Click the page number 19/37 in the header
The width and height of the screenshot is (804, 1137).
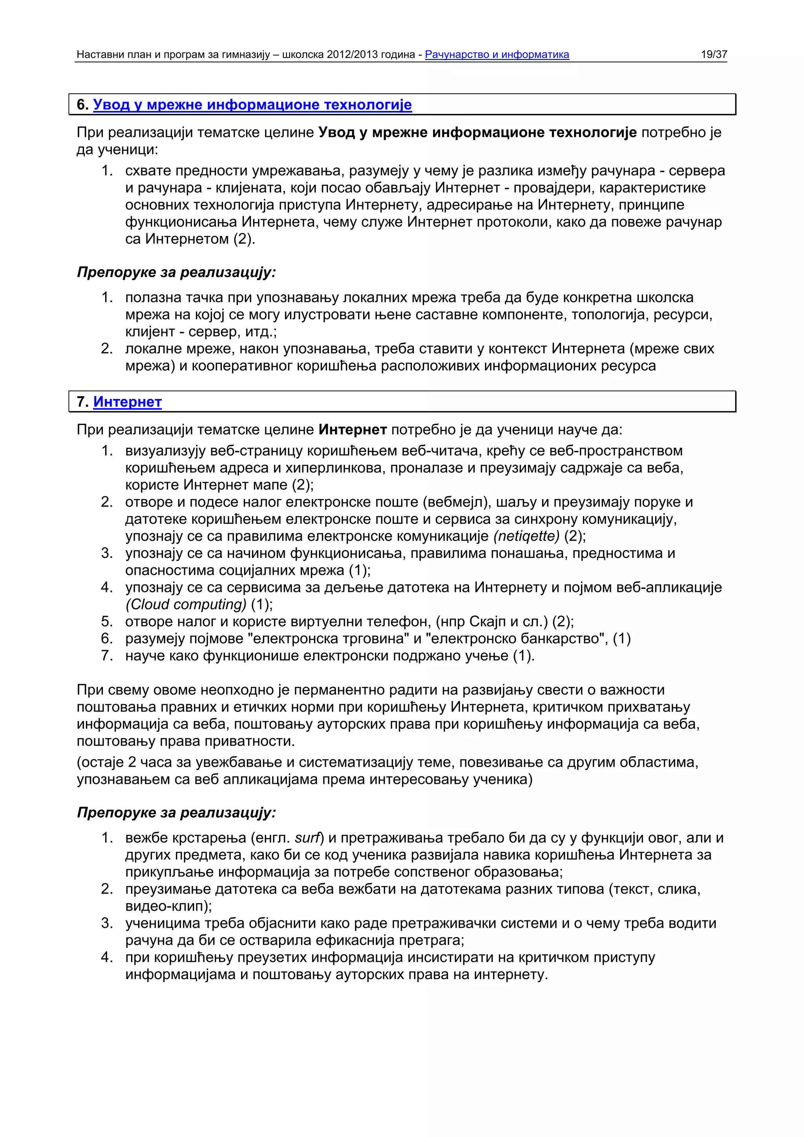pos(713,55)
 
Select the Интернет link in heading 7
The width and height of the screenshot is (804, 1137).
pos(127,402)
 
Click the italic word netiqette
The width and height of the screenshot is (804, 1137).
pos(526,536)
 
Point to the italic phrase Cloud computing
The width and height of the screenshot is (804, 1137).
pos(186,604)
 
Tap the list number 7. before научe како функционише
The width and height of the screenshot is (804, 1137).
pos(107,656)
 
